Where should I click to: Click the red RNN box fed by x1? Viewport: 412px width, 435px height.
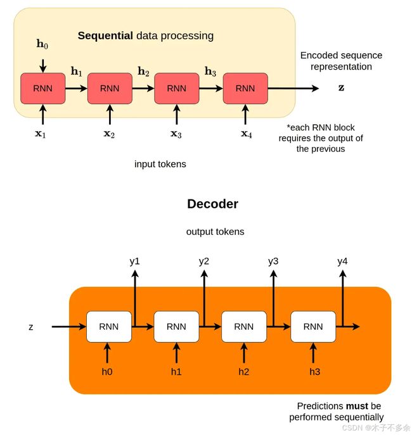pyautogui.click(x=42, y=89)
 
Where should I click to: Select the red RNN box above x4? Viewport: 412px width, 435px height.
pyautogui.click(x=245, y=89)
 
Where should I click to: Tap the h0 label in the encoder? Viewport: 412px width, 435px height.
pyautogui.click(x=42, y=44)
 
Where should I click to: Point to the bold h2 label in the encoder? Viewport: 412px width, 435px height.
pyautogui.click(x=143, y=72)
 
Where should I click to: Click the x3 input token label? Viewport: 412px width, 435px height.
pyautogui.click(x=176, y=134)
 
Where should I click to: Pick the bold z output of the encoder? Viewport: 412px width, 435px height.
pyautogui.click(x=341, y=87)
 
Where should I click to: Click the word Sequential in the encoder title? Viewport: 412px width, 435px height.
pyautogui.click(x=105, y=36)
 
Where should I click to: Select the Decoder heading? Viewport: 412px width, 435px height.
pyautogui.click(x=213, y=204)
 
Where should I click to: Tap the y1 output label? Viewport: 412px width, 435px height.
pyautogui.click(x=134, y=262)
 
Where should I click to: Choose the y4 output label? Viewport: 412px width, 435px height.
pyautogui.click(x=342, y=262)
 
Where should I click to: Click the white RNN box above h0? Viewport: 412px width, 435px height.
pyautogui.click(x=109, y=327)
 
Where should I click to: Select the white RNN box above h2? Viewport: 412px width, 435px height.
pyautogui.click(x=244, y=327)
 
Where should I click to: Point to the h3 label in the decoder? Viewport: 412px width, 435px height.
pyautogui.click(x=315, y=372)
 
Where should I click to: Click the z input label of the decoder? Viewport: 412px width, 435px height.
pyautogui.click(x=31, y=327)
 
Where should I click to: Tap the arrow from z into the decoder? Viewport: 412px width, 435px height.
pyautogui.click(x=69, y=327)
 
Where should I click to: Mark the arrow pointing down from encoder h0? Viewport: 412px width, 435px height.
pyautogui.click(x=42, y=66)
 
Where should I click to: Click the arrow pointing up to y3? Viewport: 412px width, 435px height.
pyautogui.click(x=273, y=298)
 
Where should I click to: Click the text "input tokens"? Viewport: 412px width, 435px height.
pyautogui.click(x=160, y=164)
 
